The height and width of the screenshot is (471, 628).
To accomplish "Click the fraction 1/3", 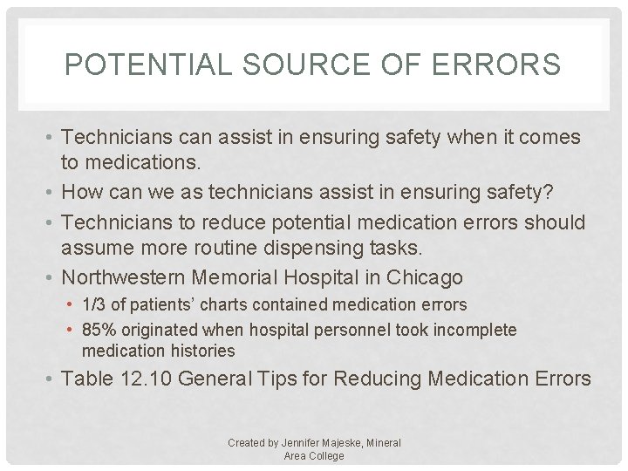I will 92,305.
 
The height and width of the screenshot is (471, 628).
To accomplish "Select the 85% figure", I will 98,330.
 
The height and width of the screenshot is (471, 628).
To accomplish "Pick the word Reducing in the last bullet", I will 372,379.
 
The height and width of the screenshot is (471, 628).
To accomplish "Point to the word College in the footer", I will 325,455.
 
